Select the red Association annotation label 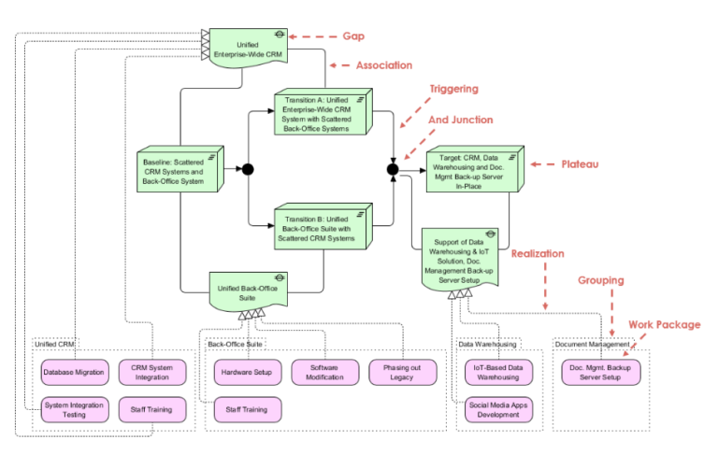pos(384,65)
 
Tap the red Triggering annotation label pos(453,89)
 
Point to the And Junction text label pos(460,120)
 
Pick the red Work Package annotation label pos(664,324)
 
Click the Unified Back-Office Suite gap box pos(248,291)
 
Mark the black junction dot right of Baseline pos(249,170)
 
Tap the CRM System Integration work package pos(152,372)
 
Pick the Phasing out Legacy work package pos(402,372)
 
